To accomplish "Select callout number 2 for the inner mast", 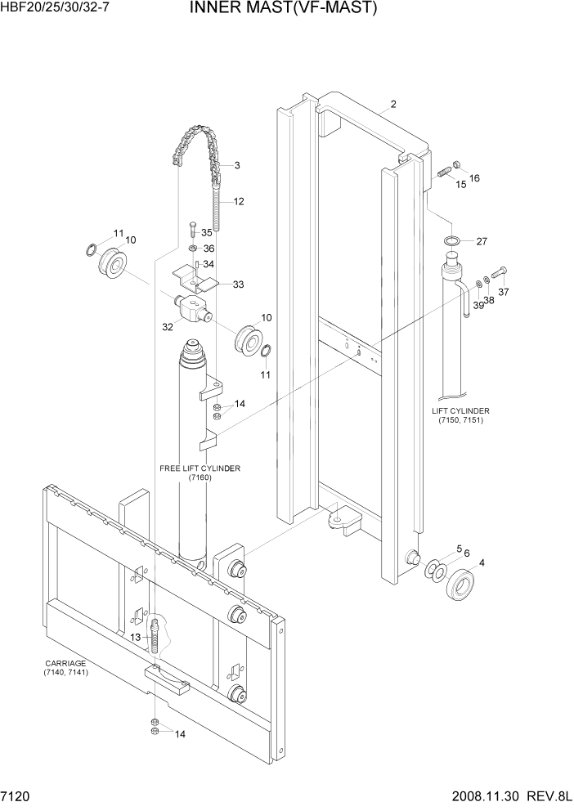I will pyautogui.click(x=393, y=105).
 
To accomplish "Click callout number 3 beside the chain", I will pyautogui.click(x=236, y=166).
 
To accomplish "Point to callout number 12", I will pyautogui.click(x=239, y=201).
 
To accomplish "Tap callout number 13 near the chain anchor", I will pyautogui.click(x=135, y=637).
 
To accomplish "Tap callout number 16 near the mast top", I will pyautogui.click(x=474, y=178).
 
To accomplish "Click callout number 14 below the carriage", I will pyautogui.click(x=180, y=734).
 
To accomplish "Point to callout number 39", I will pyautogui.click(x=477, y=305).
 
